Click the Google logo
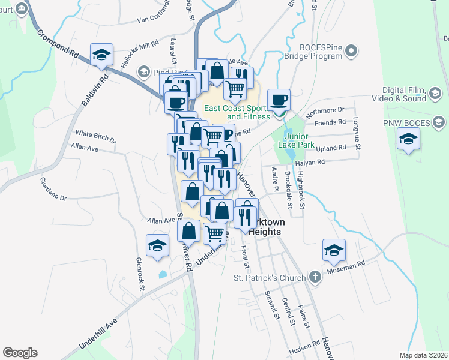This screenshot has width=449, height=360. click(x=20, y=353)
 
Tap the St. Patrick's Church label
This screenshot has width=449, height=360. click(x=270, y=278)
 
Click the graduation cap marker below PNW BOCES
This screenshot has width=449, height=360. click(x=408, y=139)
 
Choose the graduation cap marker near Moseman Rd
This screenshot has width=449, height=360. click(x=334, y=250)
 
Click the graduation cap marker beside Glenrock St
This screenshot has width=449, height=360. click(x=157, y=245)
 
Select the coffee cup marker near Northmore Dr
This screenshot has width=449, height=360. click(x=279, y=100)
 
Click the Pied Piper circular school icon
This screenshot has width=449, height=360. click(x=143, y=72)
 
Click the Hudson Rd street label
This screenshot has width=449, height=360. click(x=304, y=347)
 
